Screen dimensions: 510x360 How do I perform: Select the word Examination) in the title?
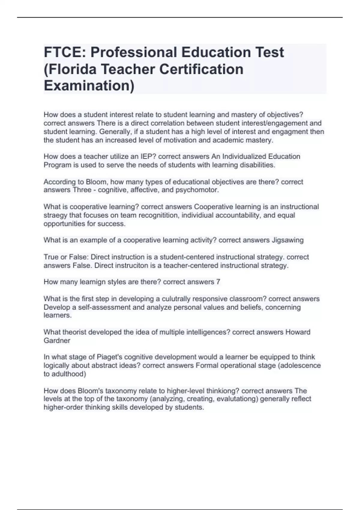[x=89, y=86]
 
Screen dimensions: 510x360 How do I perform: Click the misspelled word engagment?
[x=291, y=132]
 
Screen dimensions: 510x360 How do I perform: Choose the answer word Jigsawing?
[x=288, y=240]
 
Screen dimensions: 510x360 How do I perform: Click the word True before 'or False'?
[x=51, y=257]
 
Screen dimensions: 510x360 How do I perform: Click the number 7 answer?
[x=218, y=282]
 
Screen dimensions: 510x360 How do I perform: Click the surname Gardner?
[x=57, y=341]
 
